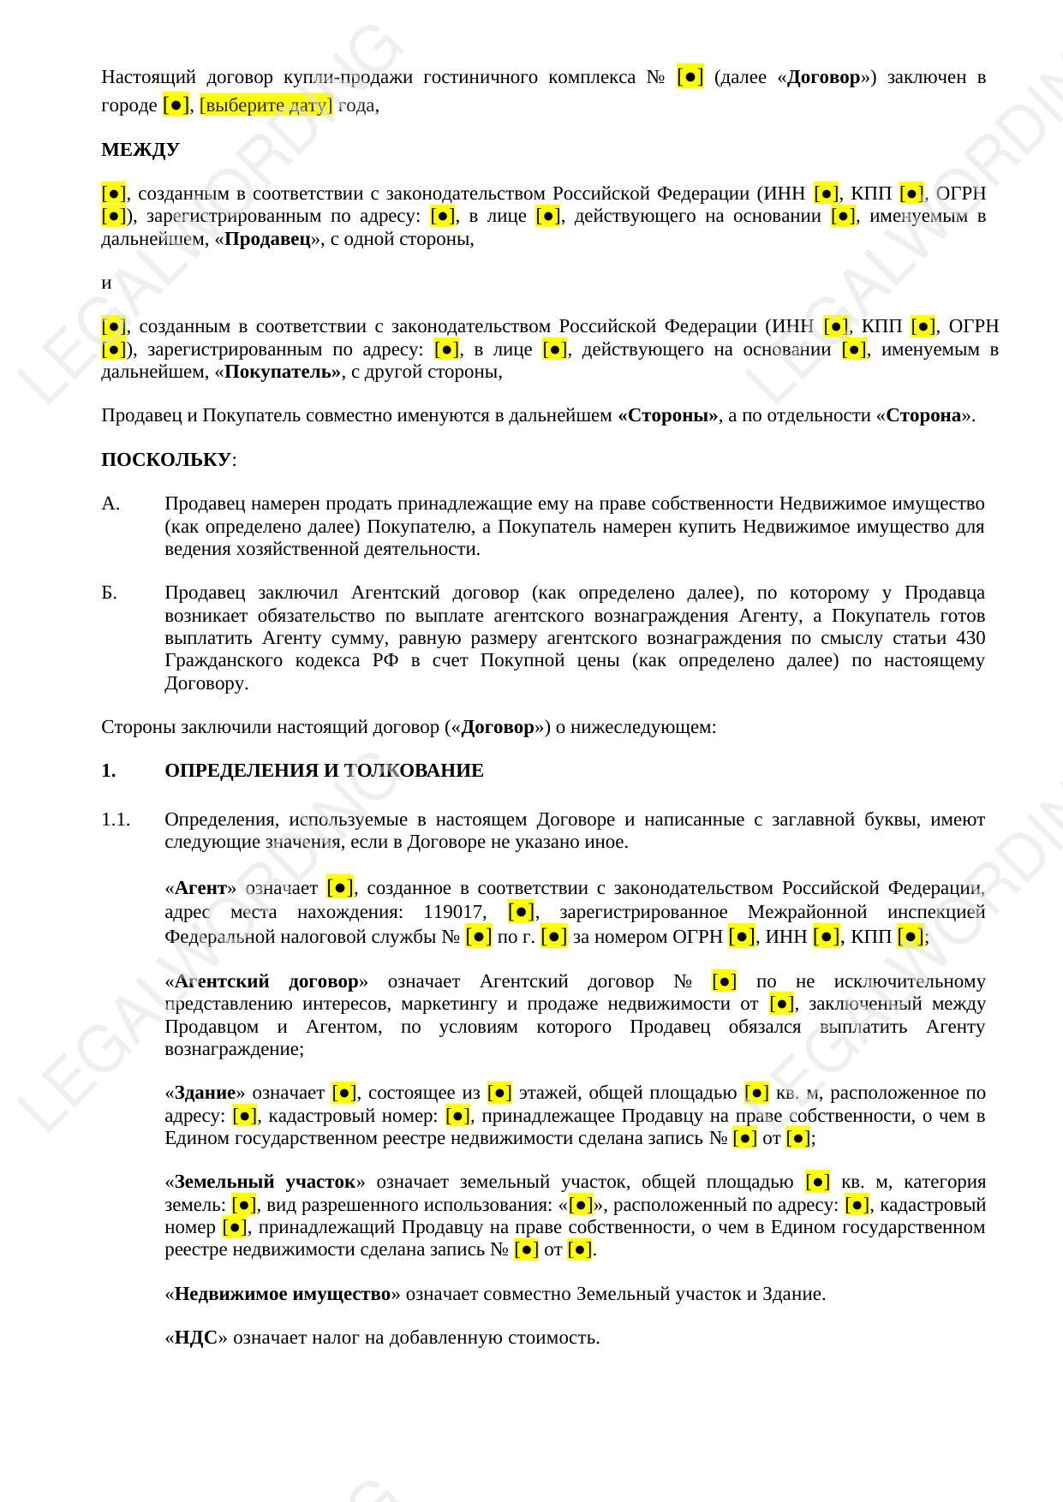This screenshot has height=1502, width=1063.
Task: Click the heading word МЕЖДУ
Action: [x=140, y=150]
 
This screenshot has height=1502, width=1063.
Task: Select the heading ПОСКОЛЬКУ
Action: [x=166, y=460]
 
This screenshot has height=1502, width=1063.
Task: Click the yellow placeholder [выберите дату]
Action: [x=266, y=105]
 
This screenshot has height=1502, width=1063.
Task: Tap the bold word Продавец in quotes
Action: [x=267, y=239]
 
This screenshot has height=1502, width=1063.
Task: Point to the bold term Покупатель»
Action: [x=282, y=372]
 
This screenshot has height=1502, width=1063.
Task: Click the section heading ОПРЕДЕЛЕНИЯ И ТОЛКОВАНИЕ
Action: [x=324, y=771]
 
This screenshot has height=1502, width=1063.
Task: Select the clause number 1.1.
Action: [x=116, y=820]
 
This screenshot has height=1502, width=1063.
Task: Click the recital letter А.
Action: [x=110, y=504]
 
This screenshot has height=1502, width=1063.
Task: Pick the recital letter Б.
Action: [x=110, y=593]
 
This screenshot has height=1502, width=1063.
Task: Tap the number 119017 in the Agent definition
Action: [x=456, y=912]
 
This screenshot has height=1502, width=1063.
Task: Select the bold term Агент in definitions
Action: [x=200, y=888]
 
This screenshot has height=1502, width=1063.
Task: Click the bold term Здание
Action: [x=205, y=1093]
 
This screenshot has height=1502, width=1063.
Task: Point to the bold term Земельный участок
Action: [x=265, y=1183]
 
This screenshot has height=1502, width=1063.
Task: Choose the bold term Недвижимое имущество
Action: [x=282, y=1294]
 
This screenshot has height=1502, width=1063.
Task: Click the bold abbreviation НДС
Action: [x=195, y=1338]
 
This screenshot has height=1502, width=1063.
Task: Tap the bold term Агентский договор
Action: [x=266, y=981]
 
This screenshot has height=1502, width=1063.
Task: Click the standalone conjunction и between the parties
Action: [x=106, y=283]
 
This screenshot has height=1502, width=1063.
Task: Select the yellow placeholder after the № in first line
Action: [x=690, y=77]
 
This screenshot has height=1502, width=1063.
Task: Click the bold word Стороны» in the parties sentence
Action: [x=667, y=416]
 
